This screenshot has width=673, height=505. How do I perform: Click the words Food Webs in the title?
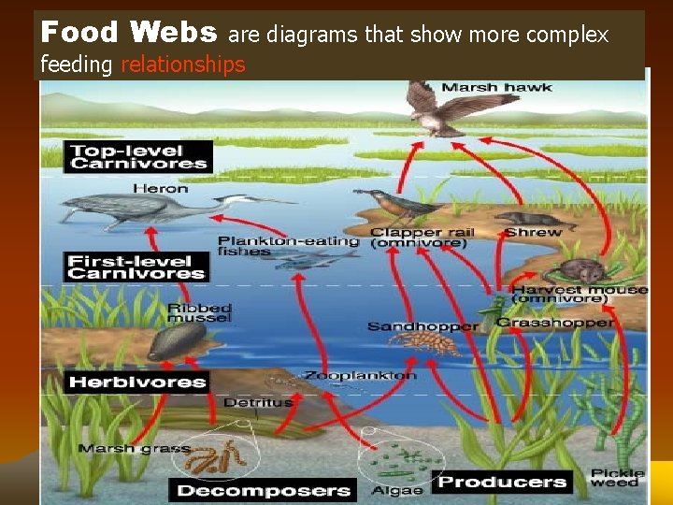pos(129,33)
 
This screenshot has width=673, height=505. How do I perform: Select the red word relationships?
pos(182,65)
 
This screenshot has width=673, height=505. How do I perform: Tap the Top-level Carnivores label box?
pos(138,156)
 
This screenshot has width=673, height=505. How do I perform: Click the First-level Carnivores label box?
pos(136,267)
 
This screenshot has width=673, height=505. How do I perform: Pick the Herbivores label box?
pos(136,382)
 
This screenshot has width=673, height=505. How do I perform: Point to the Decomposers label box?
pos(263,490)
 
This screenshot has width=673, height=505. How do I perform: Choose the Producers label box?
pos(503,482)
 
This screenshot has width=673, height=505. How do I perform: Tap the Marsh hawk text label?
pos(496,88)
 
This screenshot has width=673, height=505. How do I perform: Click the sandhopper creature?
pos(425,342)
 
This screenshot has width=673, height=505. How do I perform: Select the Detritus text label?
pos(257,402)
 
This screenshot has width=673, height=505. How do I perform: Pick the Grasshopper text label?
pos(555,323)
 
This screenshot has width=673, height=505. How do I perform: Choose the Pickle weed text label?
pos(618,477)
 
